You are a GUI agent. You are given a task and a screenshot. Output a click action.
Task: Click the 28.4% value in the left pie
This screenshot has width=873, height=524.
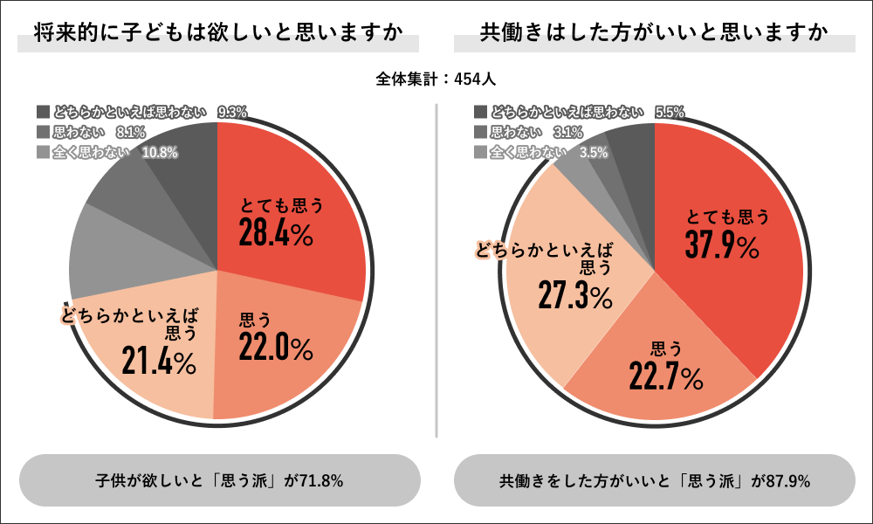coord(277,234)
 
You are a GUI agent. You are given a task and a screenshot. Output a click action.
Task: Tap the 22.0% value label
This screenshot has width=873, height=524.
coord(275,348)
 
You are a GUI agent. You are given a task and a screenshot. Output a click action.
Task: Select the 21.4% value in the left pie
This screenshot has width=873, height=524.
coord(159,360)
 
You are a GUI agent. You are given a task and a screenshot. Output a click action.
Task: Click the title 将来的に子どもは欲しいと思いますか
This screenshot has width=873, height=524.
coord(218,34)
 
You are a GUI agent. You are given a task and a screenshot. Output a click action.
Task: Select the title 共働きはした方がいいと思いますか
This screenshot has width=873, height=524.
coord(654,34)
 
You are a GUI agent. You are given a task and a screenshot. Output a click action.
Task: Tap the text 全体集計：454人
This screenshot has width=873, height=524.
coord(436,79)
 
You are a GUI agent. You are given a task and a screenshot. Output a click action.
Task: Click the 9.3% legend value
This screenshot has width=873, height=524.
coord(232,112)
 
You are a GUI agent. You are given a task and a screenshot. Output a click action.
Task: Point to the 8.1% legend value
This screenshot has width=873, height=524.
coord(130,133)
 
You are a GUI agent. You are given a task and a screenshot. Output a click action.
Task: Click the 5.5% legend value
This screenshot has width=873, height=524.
coord(669,112)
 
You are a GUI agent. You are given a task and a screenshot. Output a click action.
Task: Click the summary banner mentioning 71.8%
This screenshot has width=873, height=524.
coord(218,480)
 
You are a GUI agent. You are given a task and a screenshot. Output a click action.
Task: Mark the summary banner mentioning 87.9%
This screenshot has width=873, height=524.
coord(655,480)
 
